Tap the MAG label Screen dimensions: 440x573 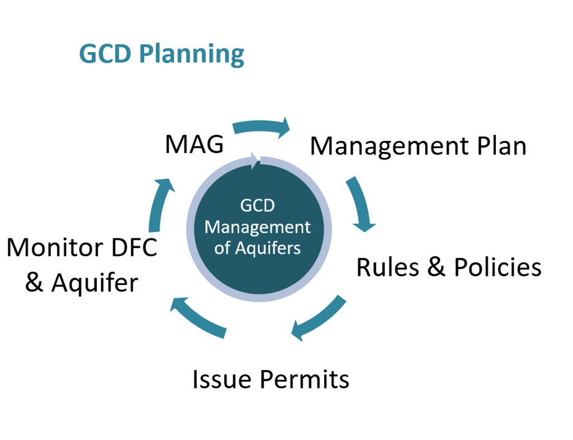(x=194, y=146)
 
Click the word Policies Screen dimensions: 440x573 (x=498, y=267)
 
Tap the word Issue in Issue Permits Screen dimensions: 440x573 (x=219, y=379)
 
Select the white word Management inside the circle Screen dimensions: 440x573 (x=257, y=227)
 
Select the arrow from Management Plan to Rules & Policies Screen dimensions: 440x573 (x=362, y=205)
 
